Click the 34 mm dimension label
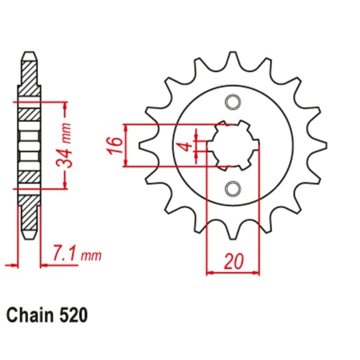pyautogui.click(x=63, y=146)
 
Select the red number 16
pyautogui.click(x=114, y=145)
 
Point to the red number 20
pyautogui.click(x=233, y=261)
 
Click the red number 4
pyautogui.click(x=187, y=146)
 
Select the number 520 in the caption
pyautogui.click(x=72, y=315)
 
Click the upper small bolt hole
pyautogui.click(x=233, y=102)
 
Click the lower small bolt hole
pyautogui.click(x=233, y=189)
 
